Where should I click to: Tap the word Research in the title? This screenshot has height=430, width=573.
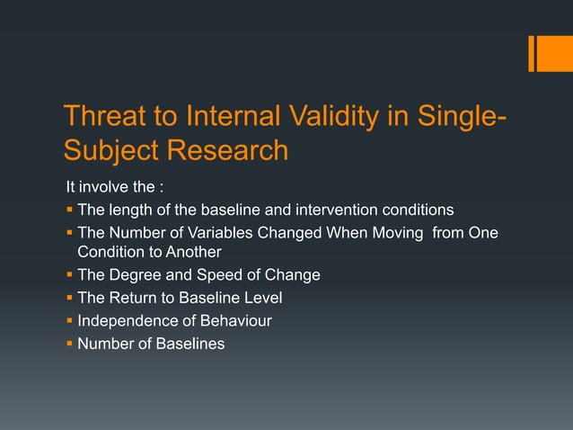(x=228, y=150)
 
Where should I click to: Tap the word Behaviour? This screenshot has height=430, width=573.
(x=237, y=320)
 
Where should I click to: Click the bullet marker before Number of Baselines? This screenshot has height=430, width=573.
(x=69, y=343)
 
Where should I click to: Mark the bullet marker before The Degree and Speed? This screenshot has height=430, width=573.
(x=69, y=275)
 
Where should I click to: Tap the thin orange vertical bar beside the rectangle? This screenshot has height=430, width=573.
(x=533, y=53)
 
